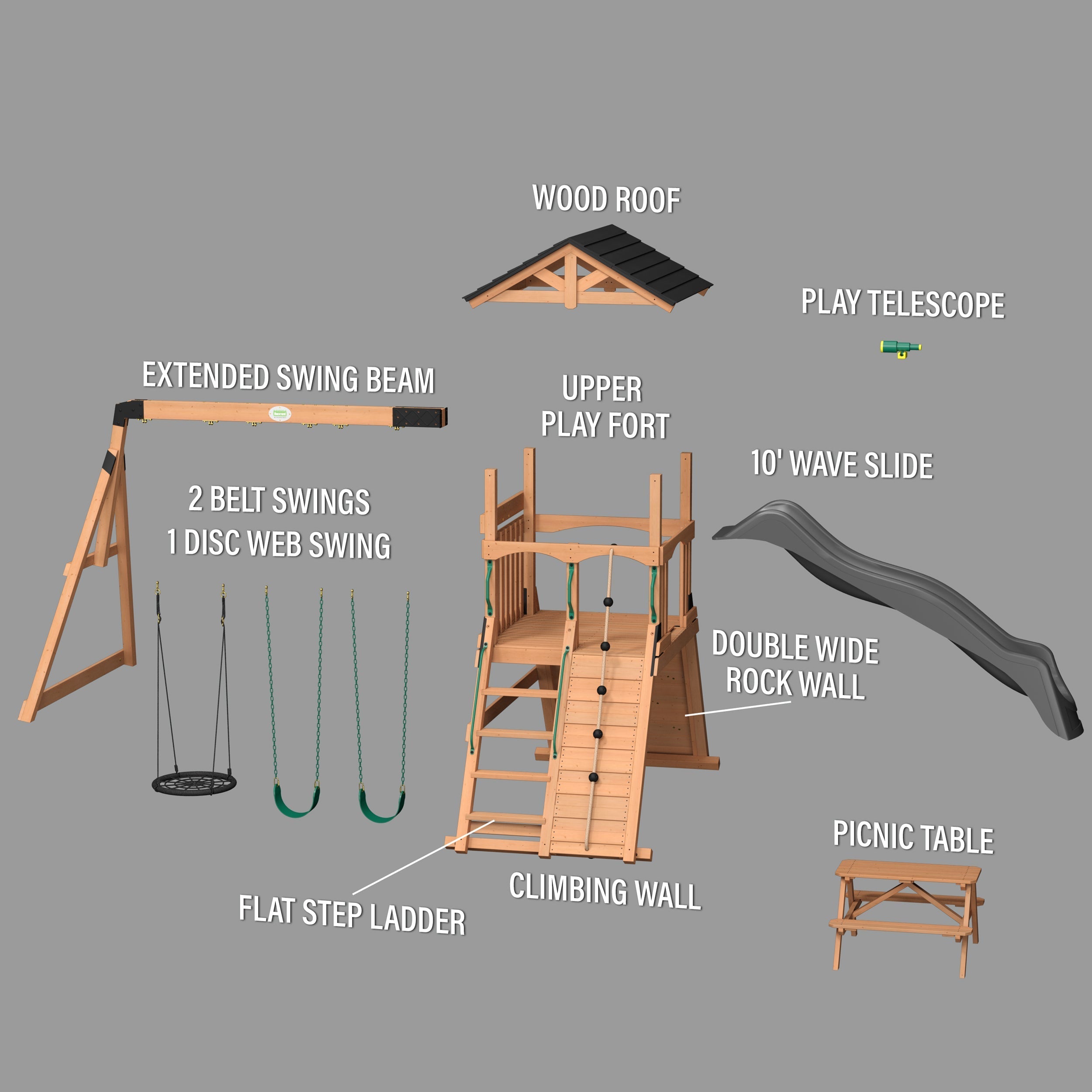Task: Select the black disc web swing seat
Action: [194, 784]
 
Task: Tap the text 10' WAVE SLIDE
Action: [842, 465]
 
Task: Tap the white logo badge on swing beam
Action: [279, 414]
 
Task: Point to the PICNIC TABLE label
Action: [913, 836]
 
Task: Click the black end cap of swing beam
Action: [421, 417]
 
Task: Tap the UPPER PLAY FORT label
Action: [604, 407]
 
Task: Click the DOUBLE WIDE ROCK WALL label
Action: [794, 665]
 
